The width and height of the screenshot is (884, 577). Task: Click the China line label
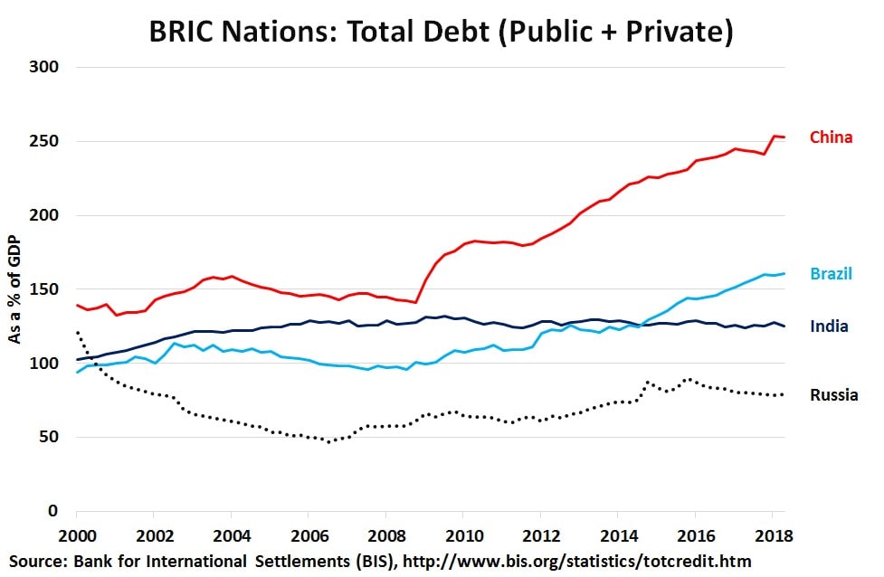(831, 137)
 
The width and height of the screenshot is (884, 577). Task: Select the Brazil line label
(831, 273)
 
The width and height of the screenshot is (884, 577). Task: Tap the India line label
(828, 326)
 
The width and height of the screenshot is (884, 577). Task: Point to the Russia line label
(833, 394)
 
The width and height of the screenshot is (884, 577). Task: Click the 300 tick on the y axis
(46, 67)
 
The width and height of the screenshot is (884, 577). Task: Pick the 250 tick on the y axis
(46, 141)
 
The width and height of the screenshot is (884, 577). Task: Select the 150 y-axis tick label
(46, 289)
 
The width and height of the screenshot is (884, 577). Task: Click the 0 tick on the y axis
(53, 512)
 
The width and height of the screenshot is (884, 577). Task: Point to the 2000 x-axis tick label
(77, 534)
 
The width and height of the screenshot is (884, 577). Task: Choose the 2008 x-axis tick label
(386, 534)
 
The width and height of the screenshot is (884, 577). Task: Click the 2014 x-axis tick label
(618, 534)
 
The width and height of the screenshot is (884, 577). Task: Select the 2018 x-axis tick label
(773, 534)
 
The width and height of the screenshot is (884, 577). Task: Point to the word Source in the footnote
(36, 562)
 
